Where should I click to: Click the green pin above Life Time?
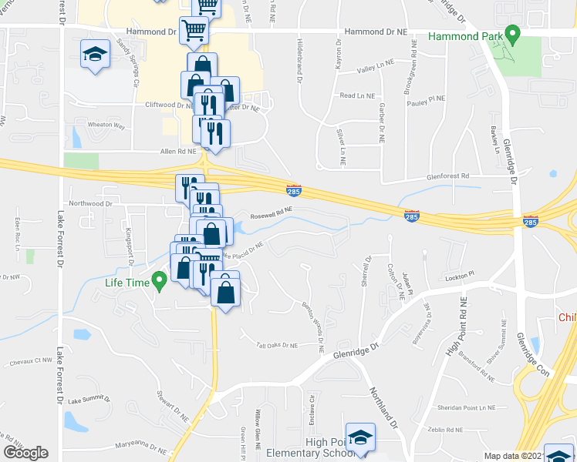(160, 281)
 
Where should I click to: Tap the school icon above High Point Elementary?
(359, 437)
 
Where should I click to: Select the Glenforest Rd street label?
(448, 176)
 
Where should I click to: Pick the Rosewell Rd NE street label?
(269, 209)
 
